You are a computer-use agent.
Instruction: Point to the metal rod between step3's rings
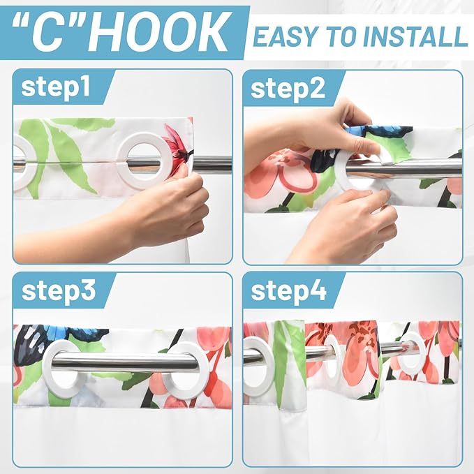point(126,362)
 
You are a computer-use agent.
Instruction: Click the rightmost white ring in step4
point(415,352)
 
